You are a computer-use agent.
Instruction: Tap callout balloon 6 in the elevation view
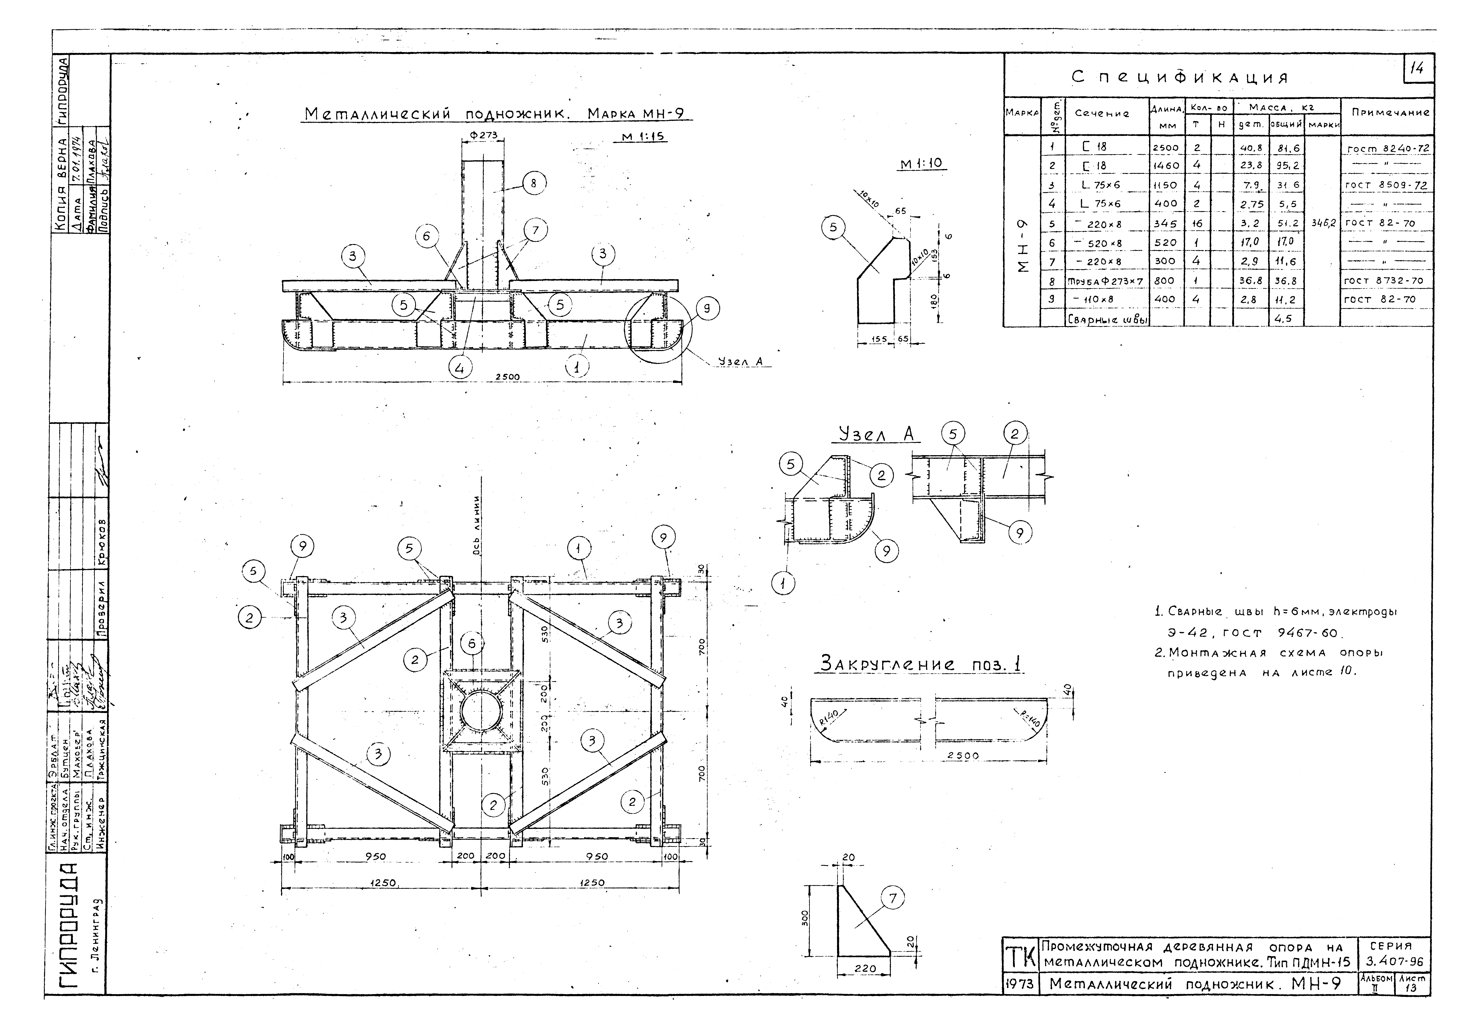pos(427,236)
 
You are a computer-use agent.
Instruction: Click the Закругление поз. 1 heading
pos(921,664)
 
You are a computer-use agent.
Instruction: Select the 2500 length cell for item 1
pos(1166,148)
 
